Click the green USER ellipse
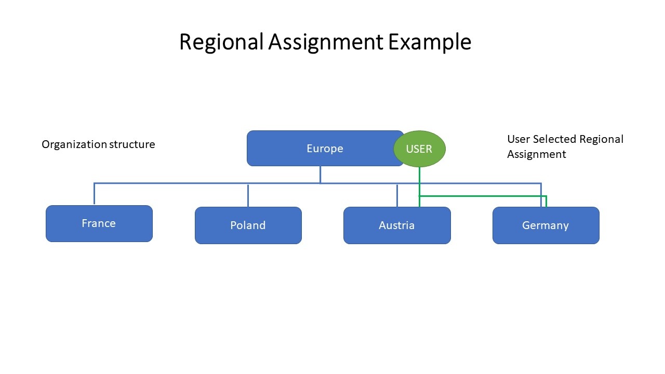coord(419,149)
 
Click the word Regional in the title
coord(221,42)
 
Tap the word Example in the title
coord(429,42)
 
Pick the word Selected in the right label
coord(555,139)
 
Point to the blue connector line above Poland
coord(248,195)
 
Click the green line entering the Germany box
coord(546,202)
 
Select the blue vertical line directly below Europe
coord(320,175)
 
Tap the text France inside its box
coord(99,223)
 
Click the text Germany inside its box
coord(546,225)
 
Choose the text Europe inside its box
coord(325,149)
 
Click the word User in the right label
coord(518,139)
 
